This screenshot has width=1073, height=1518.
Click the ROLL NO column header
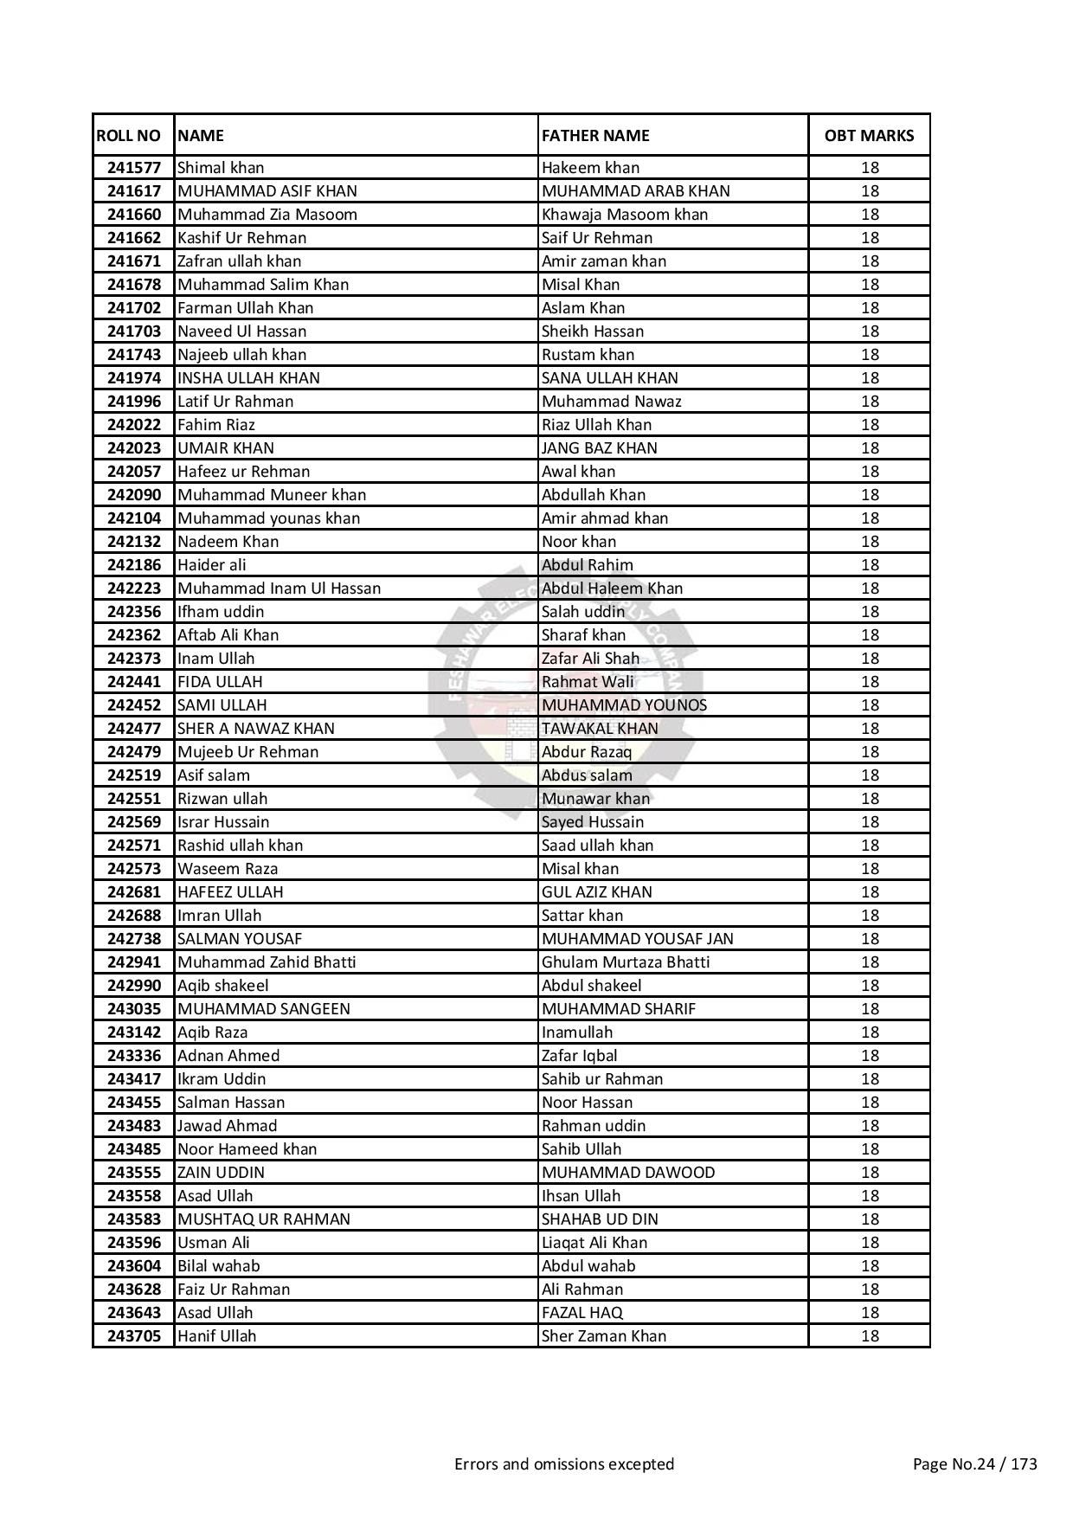(128, 136)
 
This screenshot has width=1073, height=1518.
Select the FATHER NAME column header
(595, 136)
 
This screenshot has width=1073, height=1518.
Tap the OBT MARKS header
(869, 136)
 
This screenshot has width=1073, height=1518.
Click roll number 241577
(134, 168)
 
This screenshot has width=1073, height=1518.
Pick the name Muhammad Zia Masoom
(267, 215)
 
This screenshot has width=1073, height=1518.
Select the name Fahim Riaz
(216, 425)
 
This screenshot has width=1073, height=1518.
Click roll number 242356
(134, 612)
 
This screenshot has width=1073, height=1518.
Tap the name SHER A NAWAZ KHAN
(256, 729)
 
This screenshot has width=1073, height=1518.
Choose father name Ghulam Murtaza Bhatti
(626, 962)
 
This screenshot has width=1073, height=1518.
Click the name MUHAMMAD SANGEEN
(264, 1009)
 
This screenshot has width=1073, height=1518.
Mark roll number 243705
(134, 1336)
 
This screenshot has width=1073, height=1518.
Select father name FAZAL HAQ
(582, 1313)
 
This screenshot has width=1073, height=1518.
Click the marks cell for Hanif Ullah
(870, 1336)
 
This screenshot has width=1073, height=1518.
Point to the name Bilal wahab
(218, 1266)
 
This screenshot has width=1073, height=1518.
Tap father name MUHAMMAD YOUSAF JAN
(638, 939)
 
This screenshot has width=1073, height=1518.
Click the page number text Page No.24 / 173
(975, 1464)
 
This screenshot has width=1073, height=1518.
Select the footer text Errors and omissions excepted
(564, 1464)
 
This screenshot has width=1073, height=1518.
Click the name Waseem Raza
(228, 869)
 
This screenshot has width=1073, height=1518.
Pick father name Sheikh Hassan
(593, 331)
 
